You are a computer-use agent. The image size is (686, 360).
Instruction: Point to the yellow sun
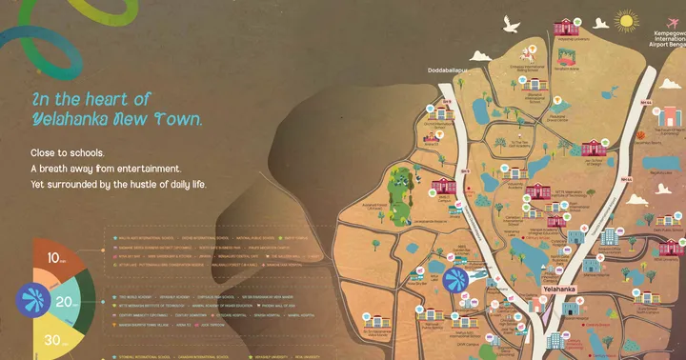click(625, 19)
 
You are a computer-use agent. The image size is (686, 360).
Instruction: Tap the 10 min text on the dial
click(57, 258)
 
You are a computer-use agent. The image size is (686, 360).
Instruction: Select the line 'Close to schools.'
click(68, 152)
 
